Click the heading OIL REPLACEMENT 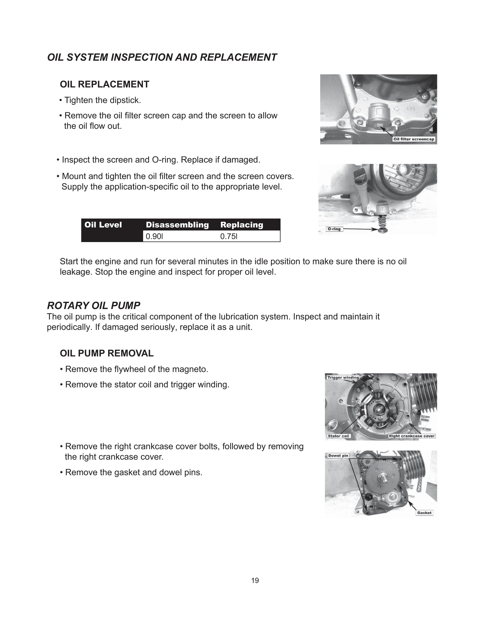104,84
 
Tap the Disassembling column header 177,225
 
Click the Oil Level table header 103,225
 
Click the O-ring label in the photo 334,229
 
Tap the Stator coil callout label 338,436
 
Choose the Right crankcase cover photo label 412,436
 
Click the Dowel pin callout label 338,455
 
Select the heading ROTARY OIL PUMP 93,306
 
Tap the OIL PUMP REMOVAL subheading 107,353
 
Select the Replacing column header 242,225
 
